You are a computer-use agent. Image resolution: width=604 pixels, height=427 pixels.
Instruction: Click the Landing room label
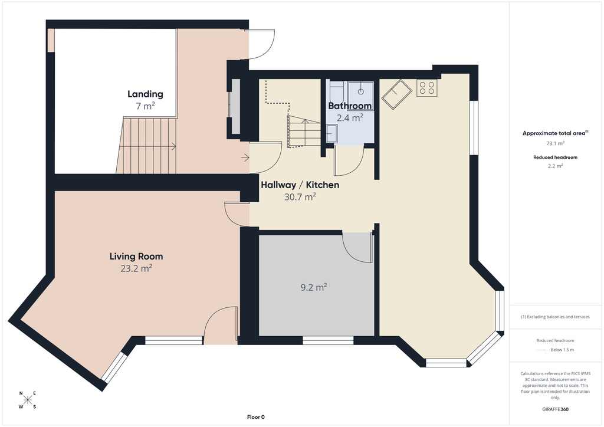[145, 94]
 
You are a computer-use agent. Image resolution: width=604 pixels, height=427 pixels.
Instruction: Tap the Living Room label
[136, 257]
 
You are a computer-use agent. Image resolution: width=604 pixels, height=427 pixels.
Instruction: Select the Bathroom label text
[350, 106]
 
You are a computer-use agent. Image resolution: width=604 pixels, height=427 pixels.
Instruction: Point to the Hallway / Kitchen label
[300, 185]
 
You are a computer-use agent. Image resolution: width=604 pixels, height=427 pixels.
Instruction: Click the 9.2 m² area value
[314, 287]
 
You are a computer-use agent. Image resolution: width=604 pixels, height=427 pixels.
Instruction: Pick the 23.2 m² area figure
[136, 268]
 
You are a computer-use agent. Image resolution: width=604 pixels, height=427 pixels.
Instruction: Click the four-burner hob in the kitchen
[427, 88]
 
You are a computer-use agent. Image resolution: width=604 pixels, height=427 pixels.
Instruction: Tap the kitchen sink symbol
[397, 94]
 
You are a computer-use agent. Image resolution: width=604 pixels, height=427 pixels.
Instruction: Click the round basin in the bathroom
[360, 91]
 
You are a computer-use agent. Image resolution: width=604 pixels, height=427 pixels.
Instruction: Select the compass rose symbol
[28, 400]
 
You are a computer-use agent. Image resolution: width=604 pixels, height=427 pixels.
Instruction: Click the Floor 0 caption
[256, 417]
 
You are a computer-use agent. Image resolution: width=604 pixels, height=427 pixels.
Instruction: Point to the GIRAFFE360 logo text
[555, 409]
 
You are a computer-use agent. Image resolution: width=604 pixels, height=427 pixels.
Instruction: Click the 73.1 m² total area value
[555, 143]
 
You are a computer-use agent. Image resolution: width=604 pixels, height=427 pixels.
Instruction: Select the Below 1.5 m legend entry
[562, 350]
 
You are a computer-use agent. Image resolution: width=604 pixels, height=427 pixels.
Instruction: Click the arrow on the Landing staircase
[150, 146]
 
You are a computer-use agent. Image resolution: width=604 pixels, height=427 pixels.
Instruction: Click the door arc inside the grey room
[354, 254]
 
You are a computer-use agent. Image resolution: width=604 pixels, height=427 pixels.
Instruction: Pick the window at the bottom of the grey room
[328, 340]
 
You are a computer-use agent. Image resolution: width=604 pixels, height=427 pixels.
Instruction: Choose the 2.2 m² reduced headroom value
[555, 166]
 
